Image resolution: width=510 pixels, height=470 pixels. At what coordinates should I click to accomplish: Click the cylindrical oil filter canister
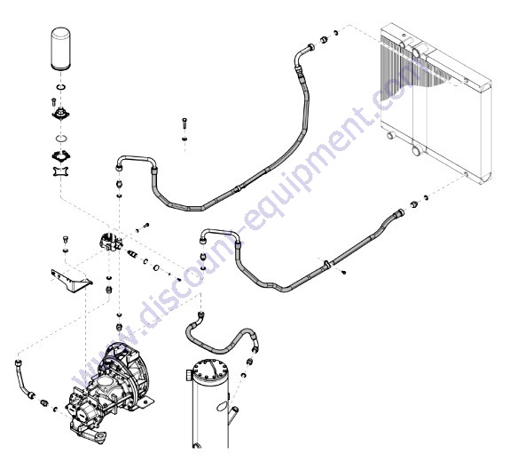tap(61, 49)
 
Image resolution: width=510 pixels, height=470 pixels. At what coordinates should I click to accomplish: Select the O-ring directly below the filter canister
tap(61, 87)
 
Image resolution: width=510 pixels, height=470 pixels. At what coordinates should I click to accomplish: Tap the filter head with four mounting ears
tap(60, 115)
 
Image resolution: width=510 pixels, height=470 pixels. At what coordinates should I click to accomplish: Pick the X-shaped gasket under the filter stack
tap(60, 171)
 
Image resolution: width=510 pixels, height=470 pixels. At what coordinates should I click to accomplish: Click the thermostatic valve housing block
tap(111, 243)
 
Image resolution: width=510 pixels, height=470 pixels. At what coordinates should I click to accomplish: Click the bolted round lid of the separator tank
tap(210, 370)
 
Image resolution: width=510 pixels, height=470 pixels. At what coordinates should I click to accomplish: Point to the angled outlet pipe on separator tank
tap(233, 415)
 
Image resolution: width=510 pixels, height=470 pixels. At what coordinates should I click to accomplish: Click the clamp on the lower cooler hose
tap(326, 264)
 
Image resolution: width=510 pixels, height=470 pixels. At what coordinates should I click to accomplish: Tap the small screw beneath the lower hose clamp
tap(344, 272)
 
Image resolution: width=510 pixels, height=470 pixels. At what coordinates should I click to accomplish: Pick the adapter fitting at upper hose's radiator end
tap(324, 39)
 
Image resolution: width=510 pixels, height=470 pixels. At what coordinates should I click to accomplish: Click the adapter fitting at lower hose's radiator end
tap(414, 205)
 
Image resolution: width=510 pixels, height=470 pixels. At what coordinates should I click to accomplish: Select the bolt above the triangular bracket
tap(66, 239)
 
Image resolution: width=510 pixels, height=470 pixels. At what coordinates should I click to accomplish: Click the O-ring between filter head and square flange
tap(61, 138)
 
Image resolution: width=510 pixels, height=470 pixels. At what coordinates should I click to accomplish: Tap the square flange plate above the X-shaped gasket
tap(60, 155)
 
